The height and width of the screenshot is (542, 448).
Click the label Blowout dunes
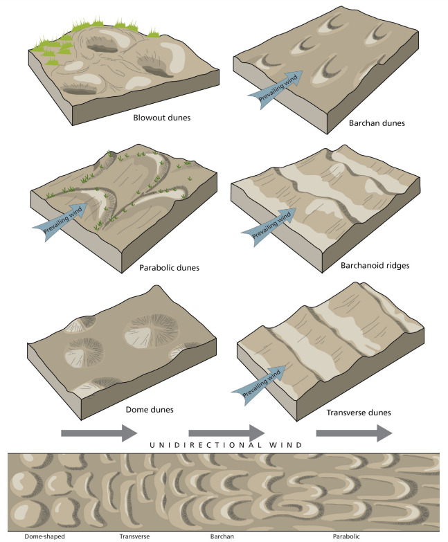point(162,117)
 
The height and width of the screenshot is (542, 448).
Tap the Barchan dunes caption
point(378,123)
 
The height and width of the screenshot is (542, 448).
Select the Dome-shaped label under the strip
point(26,535)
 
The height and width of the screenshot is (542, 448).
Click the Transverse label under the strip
point(134,535)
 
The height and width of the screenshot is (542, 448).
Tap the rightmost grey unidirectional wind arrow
point(354,433)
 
